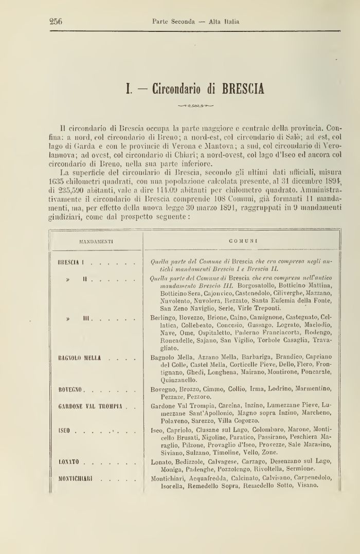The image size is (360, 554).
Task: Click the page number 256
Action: (56, 21)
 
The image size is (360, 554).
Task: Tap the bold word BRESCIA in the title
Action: (243, 88)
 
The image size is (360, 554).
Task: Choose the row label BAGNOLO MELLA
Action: (80, 357)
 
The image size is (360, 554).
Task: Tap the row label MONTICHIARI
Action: (76, 478)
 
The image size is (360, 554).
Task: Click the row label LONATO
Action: (69, 462)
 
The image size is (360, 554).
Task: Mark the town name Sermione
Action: (310, 469)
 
